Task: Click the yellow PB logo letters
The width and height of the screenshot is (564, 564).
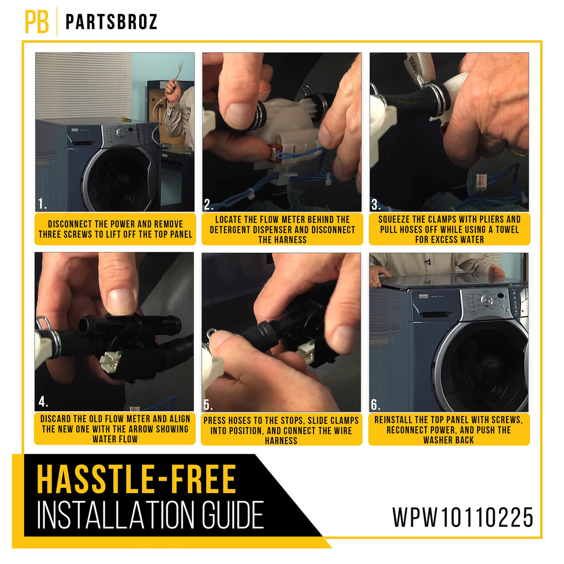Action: pos(37,22)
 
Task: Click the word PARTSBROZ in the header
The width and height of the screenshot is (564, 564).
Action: pos(111,22)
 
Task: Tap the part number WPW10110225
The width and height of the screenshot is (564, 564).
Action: pos(462,517)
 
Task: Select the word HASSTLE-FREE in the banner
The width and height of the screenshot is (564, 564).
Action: pos(136,479)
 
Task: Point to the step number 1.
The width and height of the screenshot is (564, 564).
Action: pos(42,204)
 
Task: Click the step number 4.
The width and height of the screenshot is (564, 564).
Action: pos(43,402)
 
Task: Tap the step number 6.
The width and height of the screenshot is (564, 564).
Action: pos(376,405)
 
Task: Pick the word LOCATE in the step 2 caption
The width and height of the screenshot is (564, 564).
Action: pos(227,219)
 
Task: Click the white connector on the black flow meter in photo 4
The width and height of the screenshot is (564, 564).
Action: pos(110,362)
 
